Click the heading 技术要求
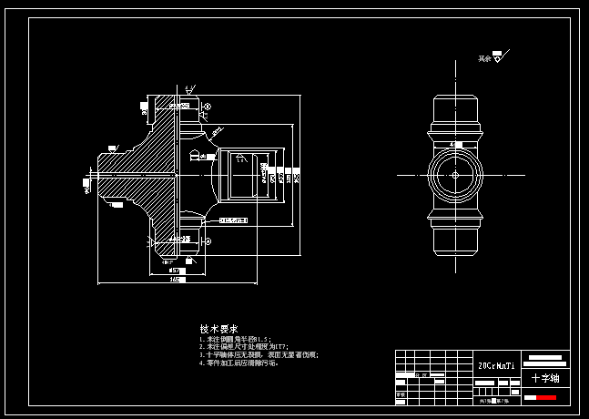pos(219,329)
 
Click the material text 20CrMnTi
pos(497,366)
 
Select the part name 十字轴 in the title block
pos(545,377)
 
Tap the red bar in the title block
pos(546,397)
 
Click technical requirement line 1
pos(235,340)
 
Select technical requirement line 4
pos(239,363)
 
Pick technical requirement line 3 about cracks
pos(259,355)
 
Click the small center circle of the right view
pos(454,174)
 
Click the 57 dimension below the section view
pos(176,271)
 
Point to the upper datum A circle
pos(207,107)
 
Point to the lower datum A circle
pos(208,240)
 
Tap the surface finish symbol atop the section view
pos(188,90)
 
